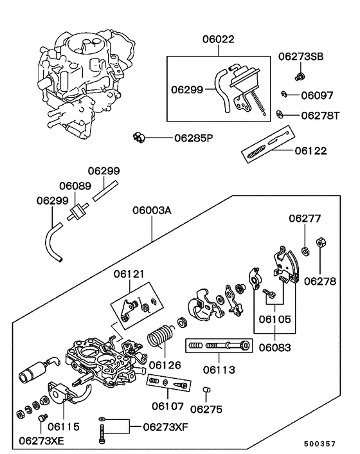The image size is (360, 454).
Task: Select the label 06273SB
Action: click(301, 57)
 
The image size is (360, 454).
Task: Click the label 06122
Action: click(311, 151)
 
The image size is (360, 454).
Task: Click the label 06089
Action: click(75, 185)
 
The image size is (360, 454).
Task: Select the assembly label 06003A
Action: click(152, 210)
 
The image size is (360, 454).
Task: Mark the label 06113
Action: click(219, 370)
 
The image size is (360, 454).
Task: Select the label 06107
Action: click(168, 406)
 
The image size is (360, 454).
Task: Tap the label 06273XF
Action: click(166, 426)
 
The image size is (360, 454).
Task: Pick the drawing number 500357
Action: click(320, 444)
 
